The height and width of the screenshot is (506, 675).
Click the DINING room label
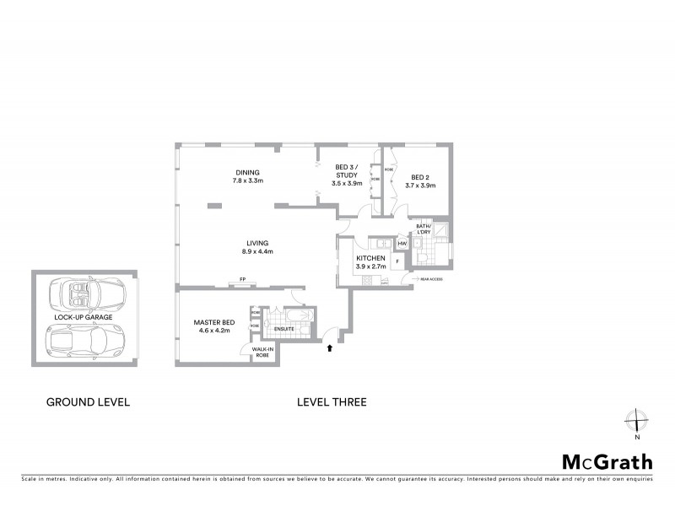[x=247, y=172]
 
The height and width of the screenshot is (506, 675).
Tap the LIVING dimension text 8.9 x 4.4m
[x=257, y=251]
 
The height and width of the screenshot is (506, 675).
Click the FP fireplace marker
[x=242, y=279]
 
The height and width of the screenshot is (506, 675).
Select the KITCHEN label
[x=370, y=258]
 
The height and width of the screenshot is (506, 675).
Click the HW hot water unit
[x=402, y=244]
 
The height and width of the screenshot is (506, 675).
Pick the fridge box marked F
[x=397, y=261]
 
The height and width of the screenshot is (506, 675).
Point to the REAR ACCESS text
[x=430, y=277]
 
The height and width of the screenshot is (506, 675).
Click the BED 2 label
[x=419, y=177]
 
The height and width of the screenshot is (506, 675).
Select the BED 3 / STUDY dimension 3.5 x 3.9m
[x=347, y=183]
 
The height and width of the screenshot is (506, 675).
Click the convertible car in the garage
[x=84, y=294]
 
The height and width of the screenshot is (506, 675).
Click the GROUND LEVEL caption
[x=88, y=402]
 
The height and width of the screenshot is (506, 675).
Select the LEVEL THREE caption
[x=332, y=402]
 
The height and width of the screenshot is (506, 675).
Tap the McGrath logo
[x=607, y=461]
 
